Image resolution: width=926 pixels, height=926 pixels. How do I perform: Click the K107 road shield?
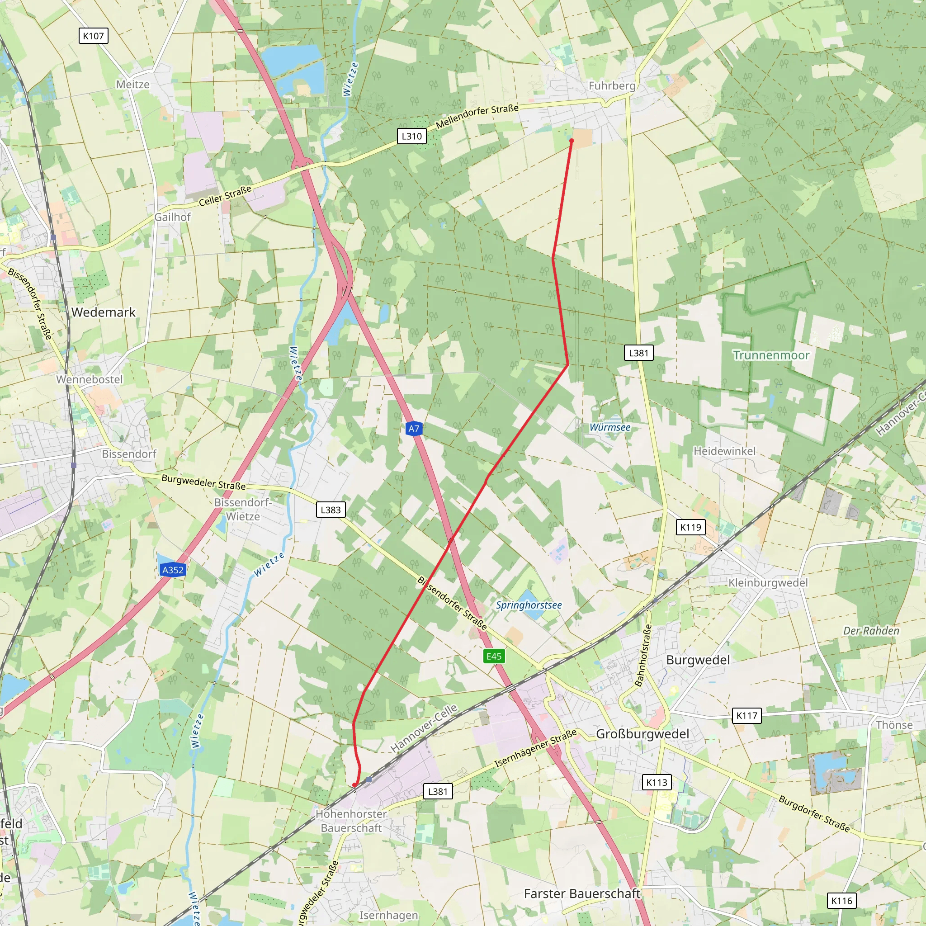(93, 36)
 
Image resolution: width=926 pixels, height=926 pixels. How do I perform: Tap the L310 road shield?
(412, 136)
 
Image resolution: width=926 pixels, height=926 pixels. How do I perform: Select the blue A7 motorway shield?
(414, 429)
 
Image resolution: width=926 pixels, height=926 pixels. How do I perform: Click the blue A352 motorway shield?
(173, 570)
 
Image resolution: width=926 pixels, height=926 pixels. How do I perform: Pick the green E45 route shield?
(494, 656)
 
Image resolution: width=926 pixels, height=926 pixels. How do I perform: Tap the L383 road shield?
(331, 510)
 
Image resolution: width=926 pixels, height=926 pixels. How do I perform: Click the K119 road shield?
(690, 527)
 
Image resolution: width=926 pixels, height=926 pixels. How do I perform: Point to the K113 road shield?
(657, 782)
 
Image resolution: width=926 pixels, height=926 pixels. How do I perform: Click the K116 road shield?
(841, 901)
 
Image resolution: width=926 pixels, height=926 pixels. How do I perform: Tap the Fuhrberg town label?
(612, 86)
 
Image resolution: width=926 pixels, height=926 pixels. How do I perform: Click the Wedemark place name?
(104, 312)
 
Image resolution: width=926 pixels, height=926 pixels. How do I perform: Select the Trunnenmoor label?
(771, 355)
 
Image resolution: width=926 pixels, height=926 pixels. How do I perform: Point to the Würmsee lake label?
(610, 427)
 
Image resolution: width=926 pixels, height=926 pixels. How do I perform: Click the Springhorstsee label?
(529, 605)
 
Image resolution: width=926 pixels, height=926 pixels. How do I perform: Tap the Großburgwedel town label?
(642, 734)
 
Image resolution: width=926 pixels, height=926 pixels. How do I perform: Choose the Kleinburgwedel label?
(768, 583)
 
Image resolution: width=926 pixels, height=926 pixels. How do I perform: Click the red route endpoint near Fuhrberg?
(572, 141)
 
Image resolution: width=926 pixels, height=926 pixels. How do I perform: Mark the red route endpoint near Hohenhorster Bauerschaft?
(354, 785)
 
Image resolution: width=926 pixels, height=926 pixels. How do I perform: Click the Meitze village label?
(133, 85)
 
